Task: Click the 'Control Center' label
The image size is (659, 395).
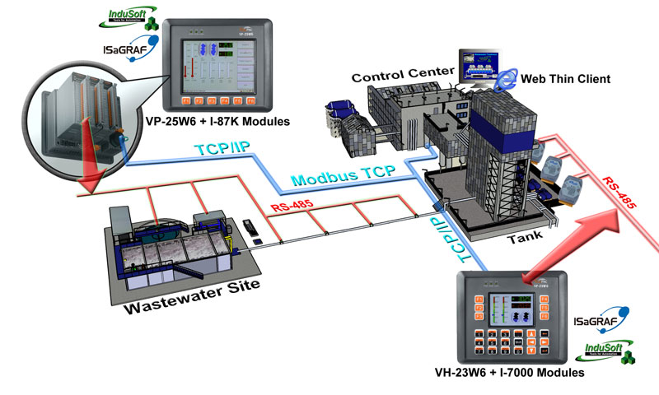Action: (403, 77)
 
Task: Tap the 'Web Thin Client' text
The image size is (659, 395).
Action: (565, 79)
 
